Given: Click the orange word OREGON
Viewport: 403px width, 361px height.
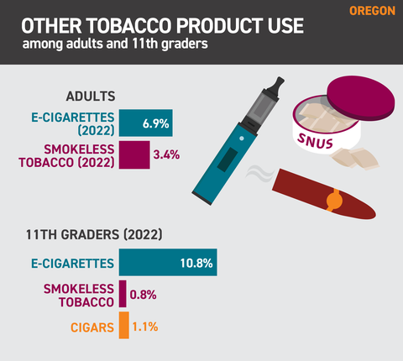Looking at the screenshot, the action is click(372, 11).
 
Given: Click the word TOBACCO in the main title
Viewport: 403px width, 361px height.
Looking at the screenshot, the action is click(129, 26).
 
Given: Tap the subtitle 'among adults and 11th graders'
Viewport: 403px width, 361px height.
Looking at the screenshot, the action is click(115, 44).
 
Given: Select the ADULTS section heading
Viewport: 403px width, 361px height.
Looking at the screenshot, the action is click(91, 97).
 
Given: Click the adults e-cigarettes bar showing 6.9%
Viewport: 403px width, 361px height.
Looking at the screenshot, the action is click(145, 123).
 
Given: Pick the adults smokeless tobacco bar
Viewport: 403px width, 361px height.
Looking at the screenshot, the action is click(134, 154).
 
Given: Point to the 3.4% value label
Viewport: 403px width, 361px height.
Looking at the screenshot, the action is click(166, 154).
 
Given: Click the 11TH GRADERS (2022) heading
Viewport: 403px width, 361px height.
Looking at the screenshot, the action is click(94, 234).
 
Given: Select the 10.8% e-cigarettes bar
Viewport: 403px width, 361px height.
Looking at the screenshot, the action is click(168, 262).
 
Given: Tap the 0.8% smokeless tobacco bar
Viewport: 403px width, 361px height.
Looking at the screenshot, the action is click(123, 294).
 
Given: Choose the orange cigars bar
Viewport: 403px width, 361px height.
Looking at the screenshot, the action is click(124, 325).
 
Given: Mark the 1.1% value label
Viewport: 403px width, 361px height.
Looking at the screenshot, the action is click(145, 327).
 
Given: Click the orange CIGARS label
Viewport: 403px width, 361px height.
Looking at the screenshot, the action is click(92, 327).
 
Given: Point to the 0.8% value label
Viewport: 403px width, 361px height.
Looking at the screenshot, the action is click(144, 295).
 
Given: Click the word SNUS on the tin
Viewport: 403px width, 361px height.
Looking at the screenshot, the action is click(315, 141).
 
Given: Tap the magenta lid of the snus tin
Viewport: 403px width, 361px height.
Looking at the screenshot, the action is click(361, 98).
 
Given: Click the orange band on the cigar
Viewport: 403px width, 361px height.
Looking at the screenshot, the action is click(334, 200).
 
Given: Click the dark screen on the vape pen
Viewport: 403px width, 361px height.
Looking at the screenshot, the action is click(228, 160).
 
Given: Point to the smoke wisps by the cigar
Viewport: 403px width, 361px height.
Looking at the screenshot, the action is click(259, 174).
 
